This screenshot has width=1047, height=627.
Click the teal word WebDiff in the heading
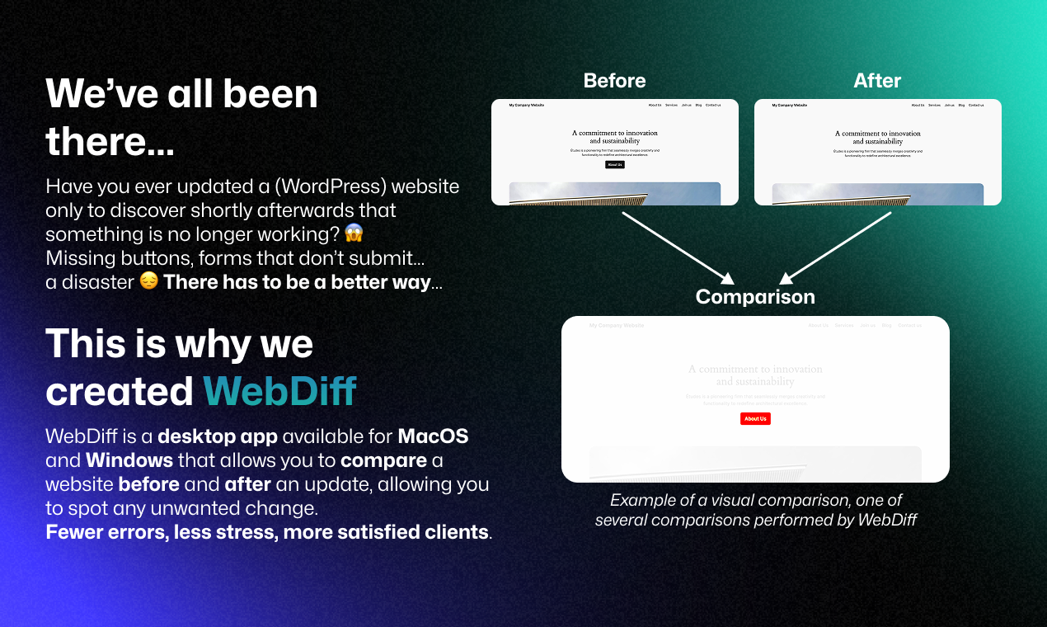(x=279, y=391)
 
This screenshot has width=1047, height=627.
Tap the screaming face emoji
(x=354, y=233)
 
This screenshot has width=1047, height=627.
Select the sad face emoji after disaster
(x=148, y=282)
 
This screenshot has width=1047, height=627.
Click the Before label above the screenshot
(x=614, y=81)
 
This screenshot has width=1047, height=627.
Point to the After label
(x=877, y=81)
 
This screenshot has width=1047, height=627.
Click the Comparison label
(x=755, y=297)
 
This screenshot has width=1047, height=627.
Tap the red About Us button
(x=755, y=419)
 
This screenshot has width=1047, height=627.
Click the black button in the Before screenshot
(x=615, y=165)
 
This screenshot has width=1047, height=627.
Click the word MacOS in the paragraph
(x=433, y=436)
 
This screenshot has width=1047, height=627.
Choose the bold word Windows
(x=129, y=460)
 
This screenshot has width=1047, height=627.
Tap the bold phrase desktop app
(x=207, y=436)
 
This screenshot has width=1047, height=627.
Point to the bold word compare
(x=383, y=460)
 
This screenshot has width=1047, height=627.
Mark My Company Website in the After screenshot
(x=790, y=106)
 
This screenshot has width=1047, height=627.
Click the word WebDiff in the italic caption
(x=887, y=521)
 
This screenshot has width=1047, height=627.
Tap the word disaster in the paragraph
(x=89, y=282)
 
